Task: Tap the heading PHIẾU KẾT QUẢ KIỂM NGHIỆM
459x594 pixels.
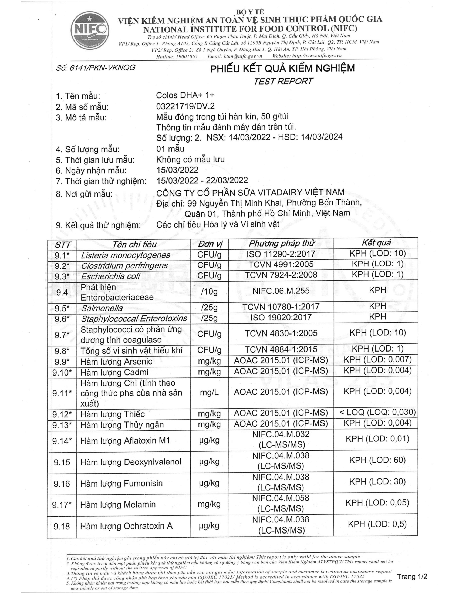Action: click(282, 68)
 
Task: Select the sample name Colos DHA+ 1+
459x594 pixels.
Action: click(185, 95)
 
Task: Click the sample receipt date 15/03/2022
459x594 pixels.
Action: click(177, 170)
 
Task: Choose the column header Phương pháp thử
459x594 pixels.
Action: click(282, 243)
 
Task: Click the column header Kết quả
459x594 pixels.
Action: click(376, 243)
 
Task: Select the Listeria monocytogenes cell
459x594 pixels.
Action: click(125, 255)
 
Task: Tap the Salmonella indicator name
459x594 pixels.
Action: click(102, 308)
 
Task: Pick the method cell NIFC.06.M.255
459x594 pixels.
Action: click(281, 291)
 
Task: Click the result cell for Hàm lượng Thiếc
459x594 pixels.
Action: click(377, 412)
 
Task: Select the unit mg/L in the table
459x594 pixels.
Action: click(209, 393)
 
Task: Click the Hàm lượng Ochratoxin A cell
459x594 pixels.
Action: click(126, 526)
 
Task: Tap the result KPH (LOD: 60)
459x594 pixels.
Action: click(377, 460)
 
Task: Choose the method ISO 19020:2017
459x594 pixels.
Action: click(281, 318)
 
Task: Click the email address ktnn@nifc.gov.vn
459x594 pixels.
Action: click(235, 56)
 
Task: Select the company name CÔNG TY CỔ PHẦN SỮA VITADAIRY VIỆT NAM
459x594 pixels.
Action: click(250, 193)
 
